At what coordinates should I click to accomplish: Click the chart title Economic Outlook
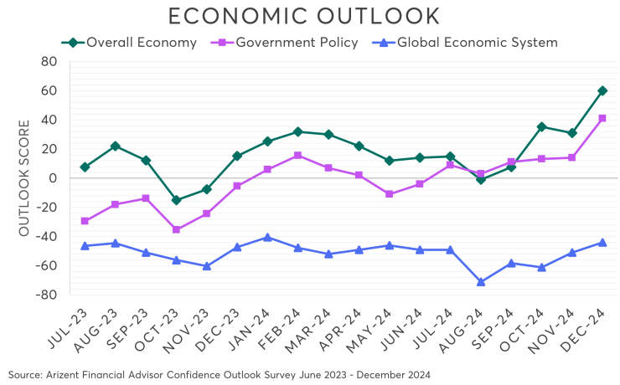(x=303, y=16)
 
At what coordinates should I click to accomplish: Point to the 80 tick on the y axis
(x=47, y=62)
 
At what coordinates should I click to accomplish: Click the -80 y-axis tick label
(x=44, y=295)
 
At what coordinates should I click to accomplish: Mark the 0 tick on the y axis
(x=52, y=178)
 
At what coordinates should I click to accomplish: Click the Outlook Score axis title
(x=24, y=177)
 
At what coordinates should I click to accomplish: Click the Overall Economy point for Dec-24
(x=602, y=90)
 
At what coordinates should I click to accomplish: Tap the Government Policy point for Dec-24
(x=602, y=119)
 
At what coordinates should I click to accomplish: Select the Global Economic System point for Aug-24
(x=481, y=282)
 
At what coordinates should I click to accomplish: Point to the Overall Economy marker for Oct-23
(x=176, y=200)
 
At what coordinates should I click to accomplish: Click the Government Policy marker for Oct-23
(x=176, y=228)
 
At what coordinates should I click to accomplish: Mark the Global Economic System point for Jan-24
(x=267, y=238)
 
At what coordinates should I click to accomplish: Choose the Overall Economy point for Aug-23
(x=115, y=146)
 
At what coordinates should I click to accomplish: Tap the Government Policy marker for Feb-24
(x=297, y=156)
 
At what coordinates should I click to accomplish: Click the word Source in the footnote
(x=24, y=372)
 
